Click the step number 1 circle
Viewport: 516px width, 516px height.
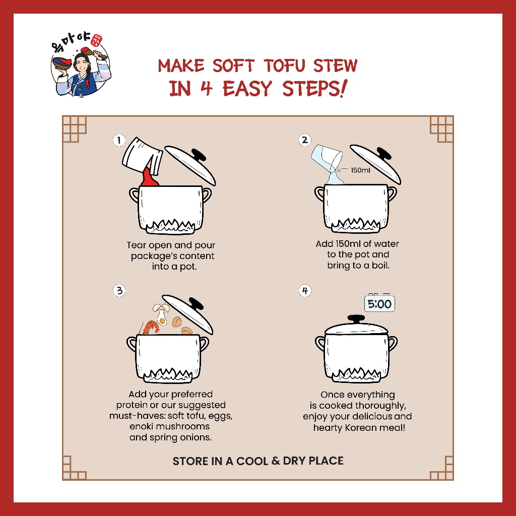(119, 140)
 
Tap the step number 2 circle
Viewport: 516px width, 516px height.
(305, 140)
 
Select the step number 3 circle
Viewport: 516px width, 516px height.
(119, 291)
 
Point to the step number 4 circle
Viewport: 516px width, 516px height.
(305, 291)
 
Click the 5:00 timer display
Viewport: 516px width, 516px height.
(379, 304)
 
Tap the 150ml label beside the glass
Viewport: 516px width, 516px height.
(360, 170)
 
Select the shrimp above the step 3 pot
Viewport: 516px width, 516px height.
(151, 327)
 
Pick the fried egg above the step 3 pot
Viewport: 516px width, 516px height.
(162, 318)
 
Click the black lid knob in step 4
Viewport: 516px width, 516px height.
(356, 319)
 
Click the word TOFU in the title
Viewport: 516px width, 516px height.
(285, 66)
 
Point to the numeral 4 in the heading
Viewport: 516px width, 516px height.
(206, 88)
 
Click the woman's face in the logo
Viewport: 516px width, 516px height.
(81, 63)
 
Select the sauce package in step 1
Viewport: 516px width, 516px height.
(142, 155)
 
